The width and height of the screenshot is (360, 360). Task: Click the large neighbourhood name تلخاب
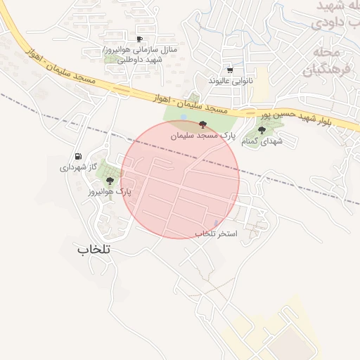[x=96, y=248]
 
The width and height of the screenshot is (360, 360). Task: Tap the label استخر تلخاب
[x=217, y=233]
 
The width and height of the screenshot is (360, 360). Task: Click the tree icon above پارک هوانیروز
[x=109, y=181]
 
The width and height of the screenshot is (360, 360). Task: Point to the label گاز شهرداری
[x=77, y=168]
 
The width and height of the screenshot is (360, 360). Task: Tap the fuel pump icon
[x=77, y=157]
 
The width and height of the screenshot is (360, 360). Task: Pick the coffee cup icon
[x=139, y=39]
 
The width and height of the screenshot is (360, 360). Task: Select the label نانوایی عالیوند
[x=229, y=81]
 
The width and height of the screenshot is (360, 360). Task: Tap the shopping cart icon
[x=230, y=70]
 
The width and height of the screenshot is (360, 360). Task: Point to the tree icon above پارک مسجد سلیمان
[x=202, y=124]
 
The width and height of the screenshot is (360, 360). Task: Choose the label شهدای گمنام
[x=262, y=141]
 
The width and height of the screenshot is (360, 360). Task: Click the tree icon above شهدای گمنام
[x=262, y=130]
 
